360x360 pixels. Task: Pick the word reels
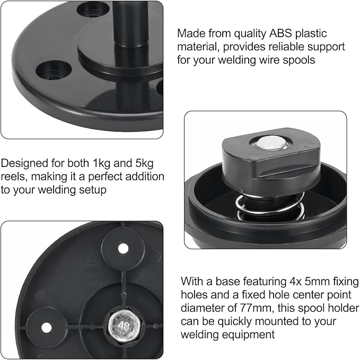(14, 177)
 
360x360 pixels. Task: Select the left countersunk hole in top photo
(53, 71)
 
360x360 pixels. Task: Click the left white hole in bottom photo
(47, 327)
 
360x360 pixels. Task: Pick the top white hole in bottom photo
(123, 248)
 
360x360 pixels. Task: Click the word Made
(190, 33)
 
